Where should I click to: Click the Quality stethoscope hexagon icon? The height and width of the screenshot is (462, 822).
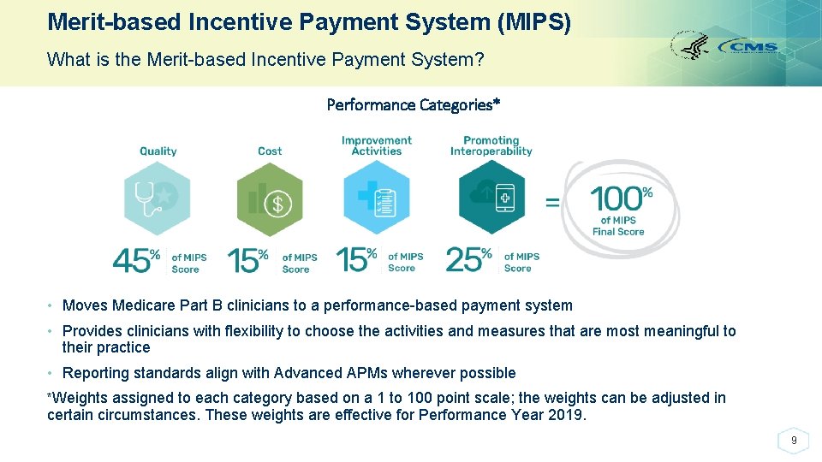[x=158, y=198]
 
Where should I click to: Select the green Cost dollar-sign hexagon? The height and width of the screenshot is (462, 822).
[x=270, y=198]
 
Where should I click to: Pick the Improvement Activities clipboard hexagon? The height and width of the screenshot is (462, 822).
[x=377, y=198]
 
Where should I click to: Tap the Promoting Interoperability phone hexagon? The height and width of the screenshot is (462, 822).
[x=491, y=198]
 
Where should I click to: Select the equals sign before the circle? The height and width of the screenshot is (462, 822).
[x=553, y=203]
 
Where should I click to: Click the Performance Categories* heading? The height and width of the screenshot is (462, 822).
[x=413, y=105]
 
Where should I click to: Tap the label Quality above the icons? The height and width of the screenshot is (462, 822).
[x=158, y=151]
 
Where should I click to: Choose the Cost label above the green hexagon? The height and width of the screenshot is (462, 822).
[x=270, y=151]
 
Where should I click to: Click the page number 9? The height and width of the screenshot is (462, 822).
[x=794, y=441]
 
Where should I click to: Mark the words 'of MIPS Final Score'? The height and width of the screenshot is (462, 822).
[x=617, y=226]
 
